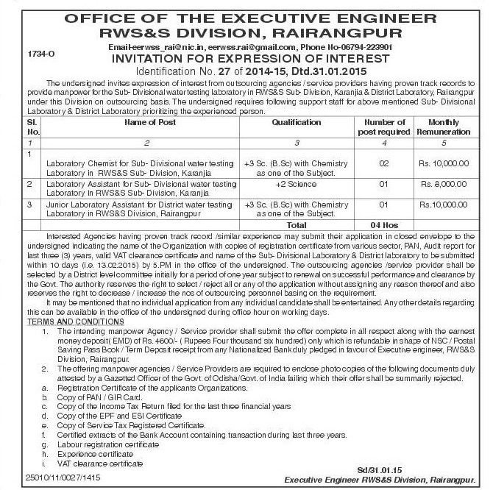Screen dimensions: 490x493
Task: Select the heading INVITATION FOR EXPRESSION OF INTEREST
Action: click(246, 58)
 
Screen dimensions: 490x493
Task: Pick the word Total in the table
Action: click(297, 223)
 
